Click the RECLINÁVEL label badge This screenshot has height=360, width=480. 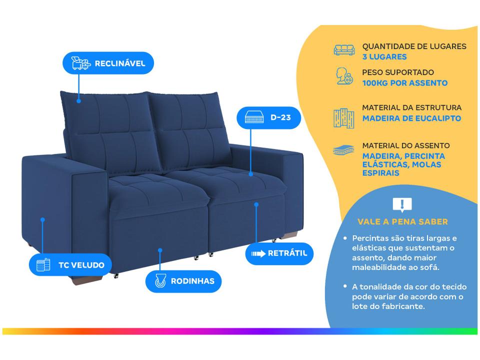click(x=107, y=63)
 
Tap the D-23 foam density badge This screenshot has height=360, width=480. click(x=269, y=118)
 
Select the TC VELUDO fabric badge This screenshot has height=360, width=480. click(x=70, y=265)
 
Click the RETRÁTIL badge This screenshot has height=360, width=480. click(x=279, y=253)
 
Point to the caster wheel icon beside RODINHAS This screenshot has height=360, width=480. click(x=159, y=281)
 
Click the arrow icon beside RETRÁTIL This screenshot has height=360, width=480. click(x=258, y=253)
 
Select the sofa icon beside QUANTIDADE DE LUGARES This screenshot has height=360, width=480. click(x=344, y=49)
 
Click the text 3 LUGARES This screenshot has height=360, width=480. click(x=384, y=57)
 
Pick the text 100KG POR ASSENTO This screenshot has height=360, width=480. click(x=404, y=83)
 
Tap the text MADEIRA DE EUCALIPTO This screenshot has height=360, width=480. click(x=411, y=118)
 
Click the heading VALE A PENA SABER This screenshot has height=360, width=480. click(x=402, y=221)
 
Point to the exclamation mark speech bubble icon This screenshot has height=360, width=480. click(x=402, y=204)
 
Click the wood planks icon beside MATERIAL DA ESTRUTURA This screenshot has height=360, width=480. click(x=344, y=117)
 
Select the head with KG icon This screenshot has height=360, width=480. click(x=344, y=76)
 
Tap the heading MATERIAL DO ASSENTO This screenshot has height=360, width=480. click(x=405, y=145)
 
